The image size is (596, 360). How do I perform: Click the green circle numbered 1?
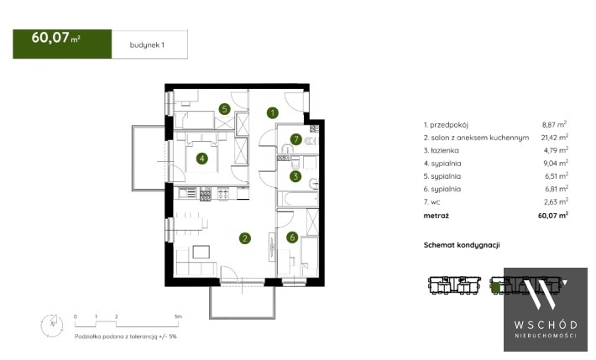pyautogui.click(x=272, y=112)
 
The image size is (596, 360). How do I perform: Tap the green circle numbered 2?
pyautogui.click(x=245, y=238)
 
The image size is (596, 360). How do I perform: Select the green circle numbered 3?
pyautogui.click(x=295, y=176)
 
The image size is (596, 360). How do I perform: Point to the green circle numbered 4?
pyautogui.click(x=201, y=158)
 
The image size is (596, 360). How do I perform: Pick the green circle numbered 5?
pyautogui.click(x=225, y=109)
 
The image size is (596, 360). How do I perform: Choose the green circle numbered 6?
pyautogui.click(x=292, y=237)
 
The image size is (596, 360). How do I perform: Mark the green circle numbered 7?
pyautogui.click(x=296, y=139)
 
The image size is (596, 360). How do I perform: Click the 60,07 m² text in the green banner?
pyautogui.click(x=56, y=38)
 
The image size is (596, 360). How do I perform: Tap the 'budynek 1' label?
pyautogui.click(x=147, y=44)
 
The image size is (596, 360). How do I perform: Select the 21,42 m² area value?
pyautogui.click(x=555, y=138)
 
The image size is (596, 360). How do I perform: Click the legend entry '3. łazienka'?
pyautogui.click(x=441, y=150)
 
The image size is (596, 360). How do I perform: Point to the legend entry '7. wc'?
pyautogui.click(x=431, y=202)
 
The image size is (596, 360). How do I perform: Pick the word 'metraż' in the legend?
pyautogui.click(x=436, y=216)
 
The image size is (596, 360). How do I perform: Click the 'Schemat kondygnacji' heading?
pyautogui.click(x=462, y=245)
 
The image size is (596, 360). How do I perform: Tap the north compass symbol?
pyautogui.click(x=52, y=325)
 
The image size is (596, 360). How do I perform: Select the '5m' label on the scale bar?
pyautogui.click(x=178, y=316)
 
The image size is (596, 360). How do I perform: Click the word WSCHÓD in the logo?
pyautogui.click(x=546, y=325)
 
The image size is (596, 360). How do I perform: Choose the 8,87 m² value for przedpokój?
pyautogui.click(x=554, y=124)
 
